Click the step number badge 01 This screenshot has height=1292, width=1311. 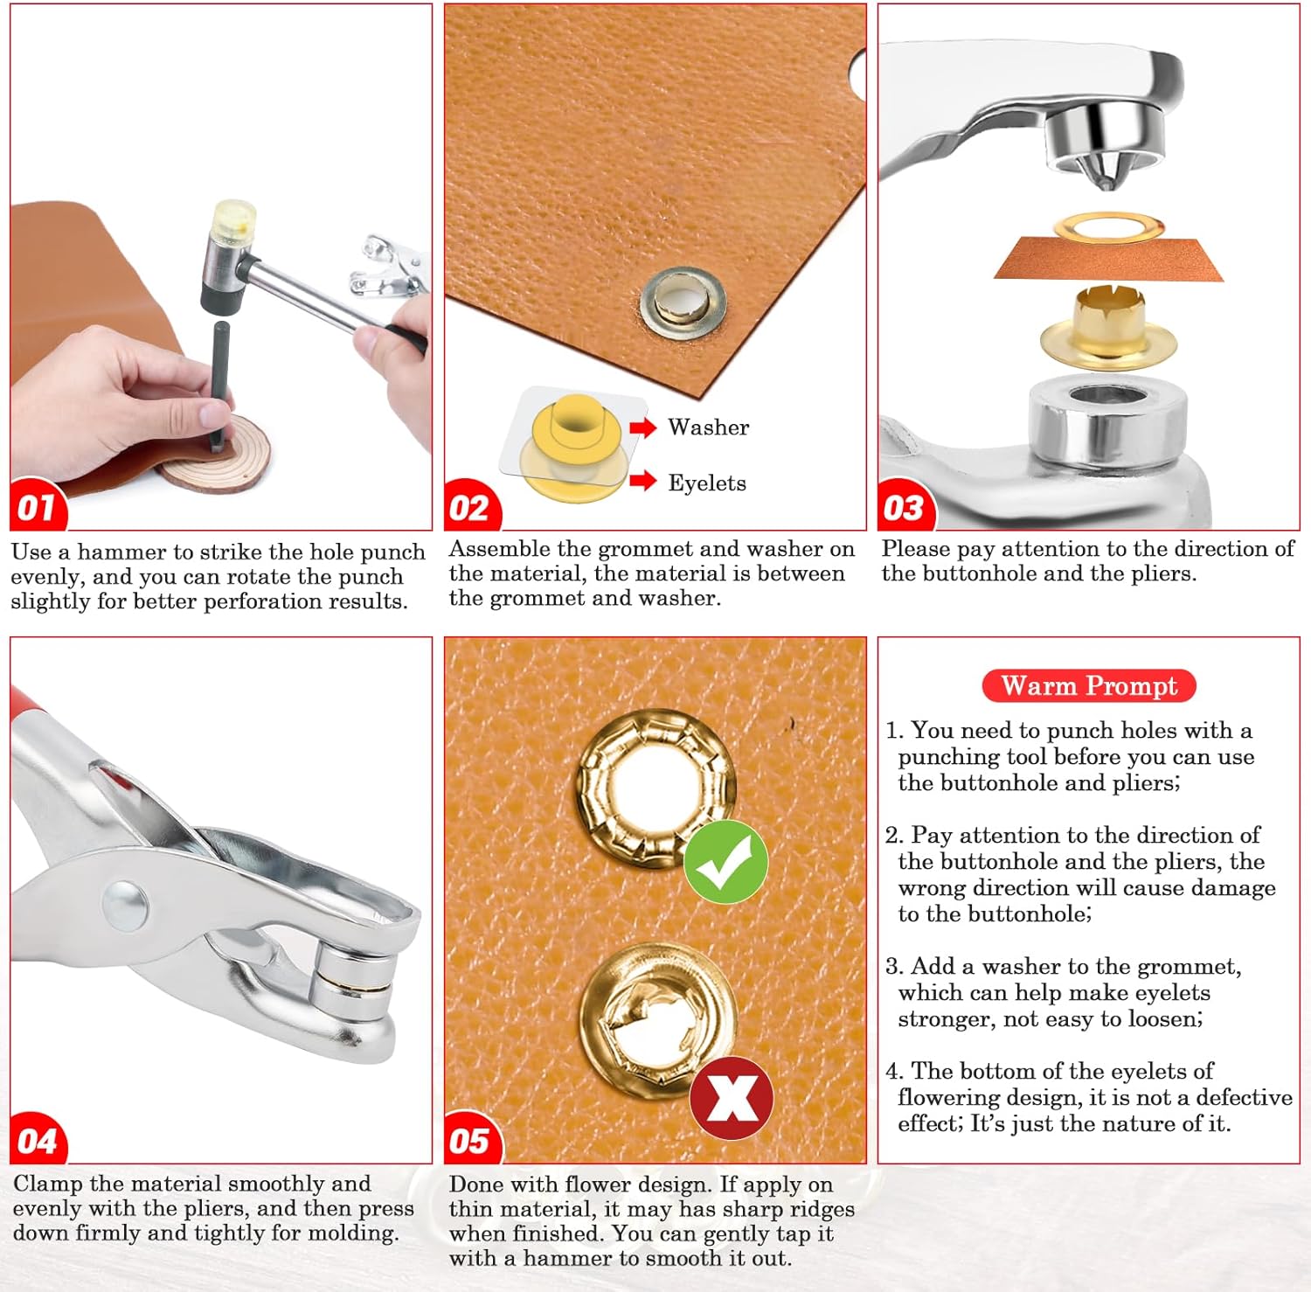tap(38, 505)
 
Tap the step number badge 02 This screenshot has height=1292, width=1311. tap(472, 506)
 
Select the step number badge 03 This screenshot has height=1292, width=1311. tap(905, 506)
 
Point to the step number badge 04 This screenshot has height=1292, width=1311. tap(38, 1138)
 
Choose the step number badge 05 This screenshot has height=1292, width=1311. tap(473, 1138)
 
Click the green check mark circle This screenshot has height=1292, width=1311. tap(725, 861)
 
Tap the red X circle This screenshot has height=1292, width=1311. tap(732, 1098)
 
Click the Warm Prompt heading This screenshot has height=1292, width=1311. tap(1089, 685)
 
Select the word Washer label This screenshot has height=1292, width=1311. tap(708, 427)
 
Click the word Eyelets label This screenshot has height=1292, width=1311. tap(707, 483)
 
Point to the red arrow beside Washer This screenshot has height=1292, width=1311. tap(643, 427)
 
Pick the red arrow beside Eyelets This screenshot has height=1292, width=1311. tap(643, 480)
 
